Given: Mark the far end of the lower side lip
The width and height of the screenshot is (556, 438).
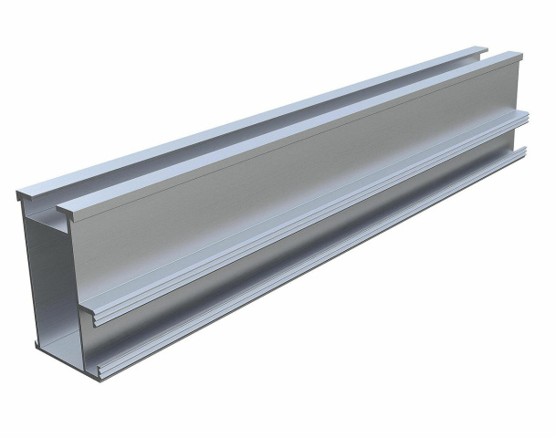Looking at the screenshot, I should [525, 151].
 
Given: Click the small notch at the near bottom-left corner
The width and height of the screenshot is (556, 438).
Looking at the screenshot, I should [38, 344].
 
